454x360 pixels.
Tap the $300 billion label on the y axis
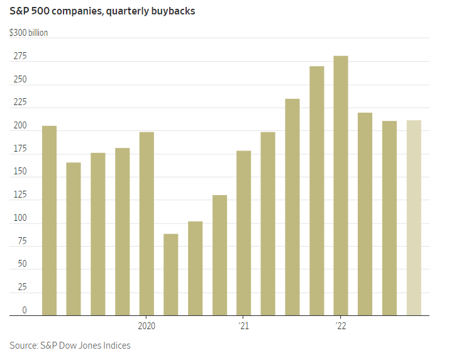pos(28,33)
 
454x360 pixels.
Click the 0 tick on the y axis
pos(25,310)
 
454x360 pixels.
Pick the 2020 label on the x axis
pos(146,326)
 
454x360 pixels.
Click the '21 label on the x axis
pos(243,326)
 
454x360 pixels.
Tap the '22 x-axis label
pos(341,326)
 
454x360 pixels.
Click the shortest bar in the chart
pos(171,274)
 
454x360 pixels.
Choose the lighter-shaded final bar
pos(414,218)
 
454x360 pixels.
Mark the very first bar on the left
pos(49,220)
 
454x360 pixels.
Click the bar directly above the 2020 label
pos(147,223)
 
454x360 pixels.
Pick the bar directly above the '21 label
pos(243,233)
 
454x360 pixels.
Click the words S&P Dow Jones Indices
pos(86,345)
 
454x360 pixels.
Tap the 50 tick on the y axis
pos(22,264)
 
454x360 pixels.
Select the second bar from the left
pos(74,239)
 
